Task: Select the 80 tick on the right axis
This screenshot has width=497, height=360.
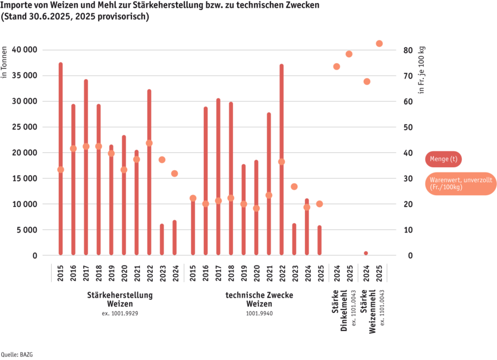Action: (x=408, y=50)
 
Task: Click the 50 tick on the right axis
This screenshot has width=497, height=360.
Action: (x=408, y=127)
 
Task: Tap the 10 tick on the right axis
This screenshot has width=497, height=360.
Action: (x=408, y=230)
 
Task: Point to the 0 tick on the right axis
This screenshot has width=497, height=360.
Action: (x=407, y=255)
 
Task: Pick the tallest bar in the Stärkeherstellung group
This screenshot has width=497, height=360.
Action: (x=61, y=158)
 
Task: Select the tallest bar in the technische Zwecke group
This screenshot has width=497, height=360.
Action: (x=281, y=159)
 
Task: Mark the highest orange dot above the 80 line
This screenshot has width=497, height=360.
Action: (x=379, y=43)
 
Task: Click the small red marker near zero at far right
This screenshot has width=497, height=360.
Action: (x=366, y=253)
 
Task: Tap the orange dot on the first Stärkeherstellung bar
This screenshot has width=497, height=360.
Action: (x=61, y=170)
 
